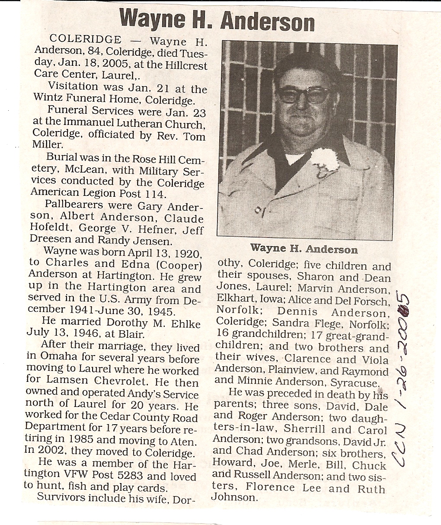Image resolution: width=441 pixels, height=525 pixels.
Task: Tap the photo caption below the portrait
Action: coord(304,249)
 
